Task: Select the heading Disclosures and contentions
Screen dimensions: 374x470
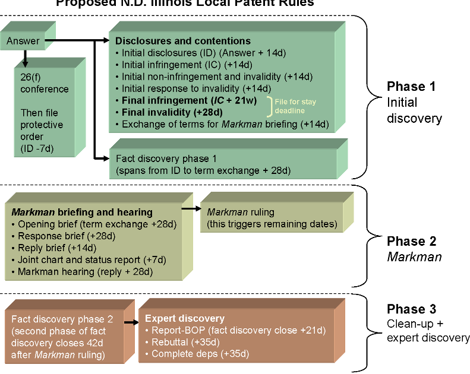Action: (182, 42)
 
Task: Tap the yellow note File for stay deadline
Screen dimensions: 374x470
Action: (295, 106)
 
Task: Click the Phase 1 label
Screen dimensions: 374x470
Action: (411, 86)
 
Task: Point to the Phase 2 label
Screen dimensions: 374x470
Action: (411, 242)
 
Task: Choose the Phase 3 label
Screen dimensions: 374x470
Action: (411, 309)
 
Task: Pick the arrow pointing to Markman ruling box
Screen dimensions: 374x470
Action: (190, 208)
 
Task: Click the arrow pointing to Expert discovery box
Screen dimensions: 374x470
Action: (128, 323)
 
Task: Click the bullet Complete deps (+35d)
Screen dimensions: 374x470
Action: (197, 354)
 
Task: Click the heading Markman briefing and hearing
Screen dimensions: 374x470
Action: (82, 212)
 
